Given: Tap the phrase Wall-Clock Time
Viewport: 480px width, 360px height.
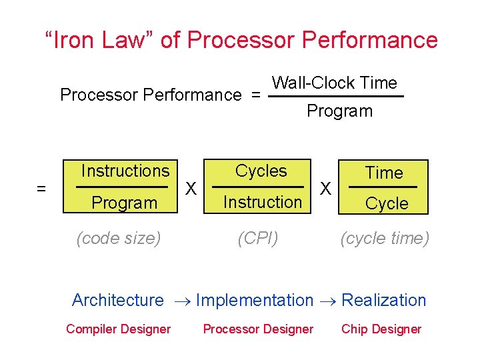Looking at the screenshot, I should [335, 83].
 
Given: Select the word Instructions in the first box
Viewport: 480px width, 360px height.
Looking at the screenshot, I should [125, 171].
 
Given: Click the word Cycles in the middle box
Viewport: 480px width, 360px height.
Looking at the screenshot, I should [261, 171].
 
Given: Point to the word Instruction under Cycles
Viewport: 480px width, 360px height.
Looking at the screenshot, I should [263, 202].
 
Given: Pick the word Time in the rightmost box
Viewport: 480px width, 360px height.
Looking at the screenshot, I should [385, 173].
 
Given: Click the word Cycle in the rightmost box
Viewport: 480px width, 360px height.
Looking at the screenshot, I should [387, 204].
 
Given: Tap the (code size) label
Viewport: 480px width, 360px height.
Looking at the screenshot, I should [119, 239].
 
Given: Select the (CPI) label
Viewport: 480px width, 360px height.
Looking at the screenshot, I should [258, 239].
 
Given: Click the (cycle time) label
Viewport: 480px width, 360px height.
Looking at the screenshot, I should [385, 239].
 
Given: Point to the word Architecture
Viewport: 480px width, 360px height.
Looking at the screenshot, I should [117, 301].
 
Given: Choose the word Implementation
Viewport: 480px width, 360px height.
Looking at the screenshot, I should [255, 301].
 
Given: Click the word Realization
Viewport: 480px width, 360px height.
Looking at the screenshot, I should [383, 301].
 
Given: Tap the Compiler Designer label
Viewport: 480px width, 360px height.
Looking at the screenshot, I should [119, 329].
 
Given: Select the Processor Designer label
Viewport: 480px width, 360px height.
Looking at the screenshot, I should [258, 329].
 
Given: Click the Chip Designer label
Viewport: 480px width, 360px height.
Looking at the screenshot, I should [381, 329].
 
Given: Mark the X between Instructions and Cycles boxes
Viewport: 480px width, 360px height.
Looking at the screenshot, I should [191, 189].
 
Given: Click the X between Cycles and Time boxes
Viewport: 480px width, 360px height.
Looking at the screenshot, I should [326, 189].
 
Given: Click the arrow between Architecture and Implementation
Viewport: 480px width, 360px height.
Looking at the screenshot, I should [181, 302].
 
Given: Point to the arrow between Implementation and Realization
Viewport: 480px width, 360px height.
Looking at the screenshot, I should [327, 302].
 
